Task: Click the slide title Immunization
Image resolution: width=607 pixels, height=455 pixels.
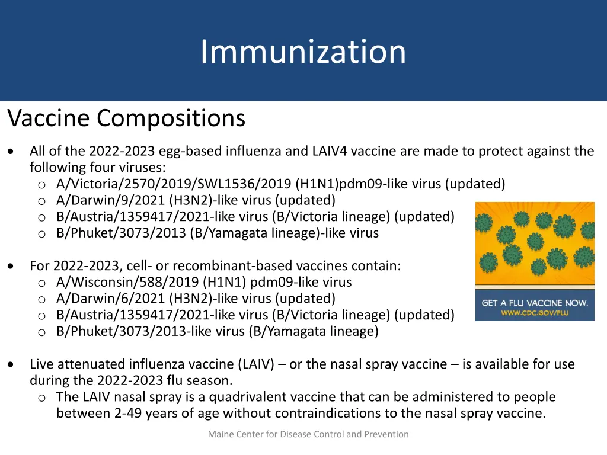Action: (x=303, y=52)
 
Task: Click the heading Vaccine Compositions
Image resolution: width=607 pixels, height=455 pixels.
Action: (x=126, y=118)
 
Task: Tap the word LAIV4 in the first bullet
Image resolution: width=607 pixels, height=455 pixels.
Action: (x=330, y=151)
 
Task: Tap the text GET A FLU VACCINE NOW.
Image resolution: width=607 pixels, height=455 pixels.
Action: (x=535, y=303)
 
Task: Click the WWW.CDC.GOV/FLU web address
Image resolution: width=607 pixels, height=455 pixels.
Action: (x=535, y=313)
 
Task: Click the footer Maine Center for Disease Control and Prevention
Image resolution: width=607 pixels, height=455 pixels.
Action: (x=308, y=434)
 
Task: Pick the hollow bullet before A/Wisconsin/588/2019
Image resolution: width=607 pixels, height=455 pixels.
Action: (x=42, y=283)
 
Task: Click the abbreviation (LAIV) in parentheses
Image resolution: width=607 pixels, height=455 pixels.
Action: (x=256, y=364)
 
